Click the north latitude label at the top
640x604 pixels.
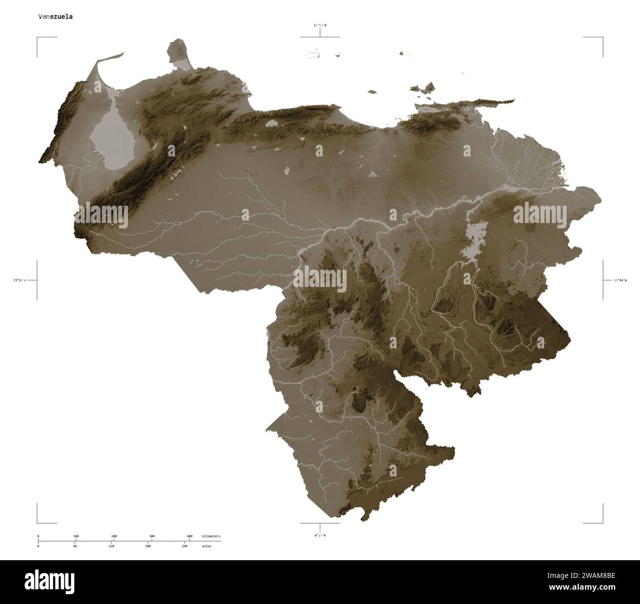click(320, 25)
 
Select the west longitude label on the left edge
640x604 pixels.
click(20, 280)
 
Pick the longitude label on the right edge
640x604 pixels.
click(620, 280)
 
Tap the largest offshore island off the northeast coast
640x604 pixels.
click(424, 88)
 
